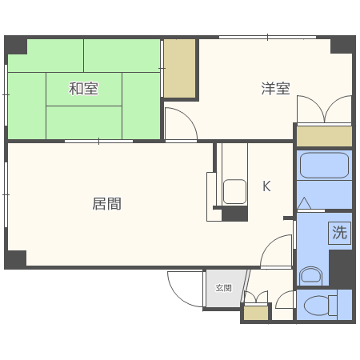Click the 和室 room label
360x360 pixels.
tap(83, 89)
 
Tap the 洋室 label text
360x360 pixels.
tap(274, 89)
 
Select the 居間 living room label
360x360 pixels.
tap(106, 203)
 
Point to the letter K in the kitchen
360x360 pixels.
tap(266, 187)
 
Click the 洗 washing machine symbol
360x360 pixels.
tap(340, 234)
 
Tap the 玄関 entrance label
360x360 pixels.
tap(223, 287)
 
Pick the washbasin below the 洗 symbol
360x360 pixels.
tap(310, 277)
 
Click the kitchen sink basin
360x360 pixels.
tap(234, 191)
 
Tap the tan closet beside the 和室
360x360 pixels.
tap(180, 68)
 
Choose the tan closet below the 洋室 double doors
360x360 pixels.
tap(323, 136)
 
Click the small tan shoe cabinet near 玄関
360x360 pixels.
tap(255, 313)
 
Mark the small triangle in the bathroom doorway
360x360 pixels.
tap(305, 204)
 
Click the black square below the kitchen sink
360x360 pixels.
tap(234, 214)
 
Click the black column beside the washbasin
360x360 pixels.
tap(342, 269)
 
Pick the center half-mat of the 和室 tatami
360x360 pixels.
tap(83, 89)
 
